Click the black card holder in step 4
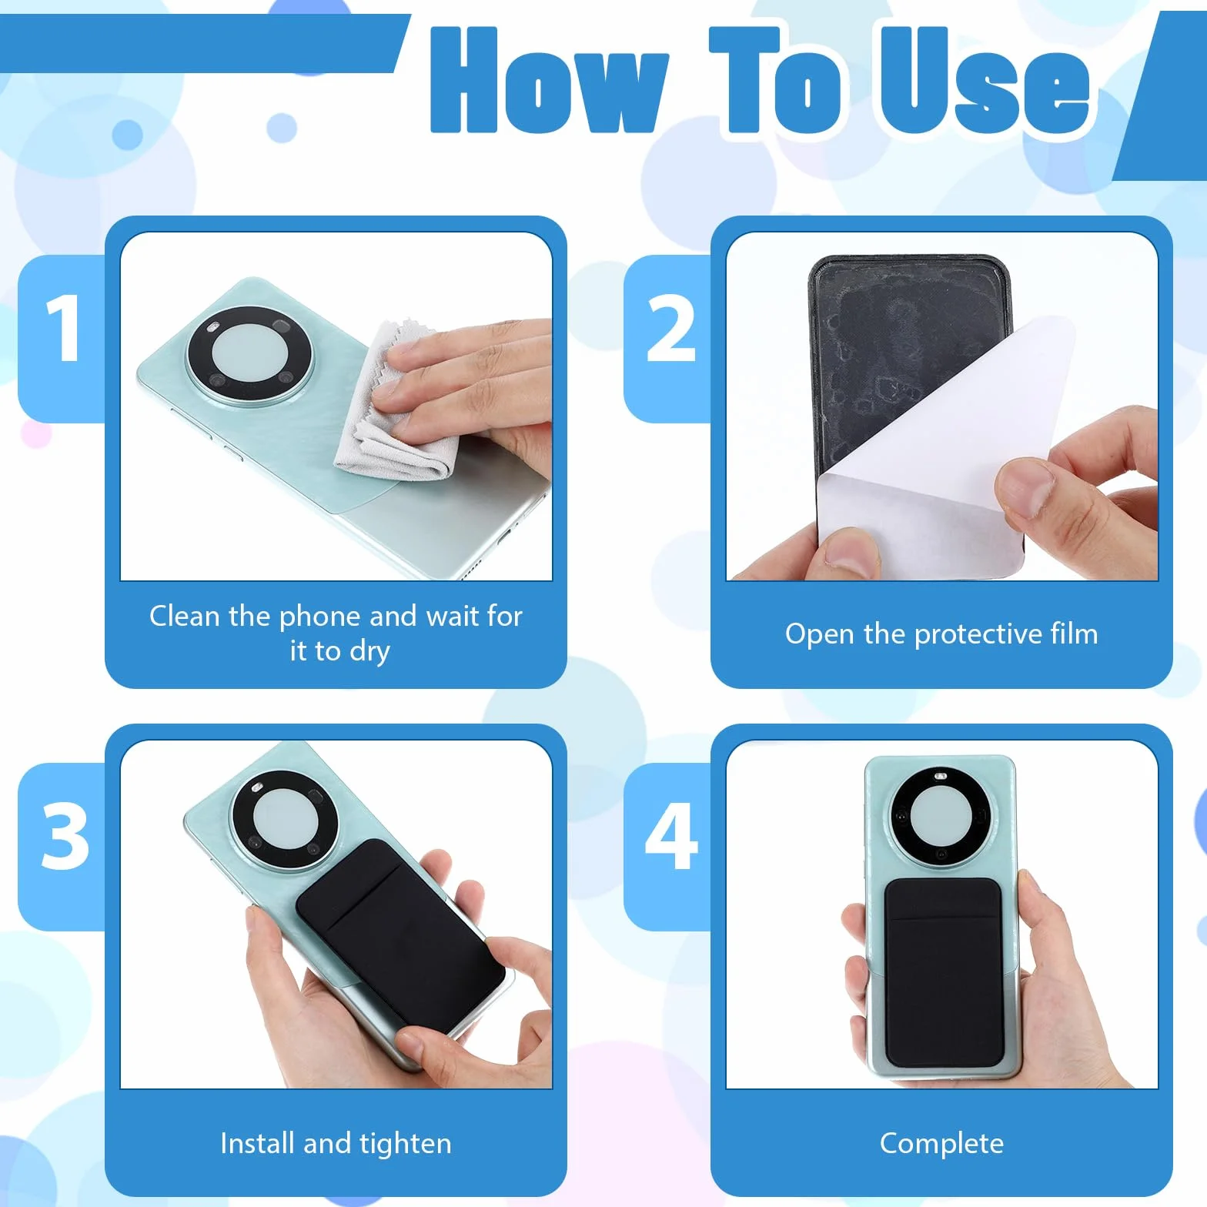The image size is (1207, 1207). coord(945,971)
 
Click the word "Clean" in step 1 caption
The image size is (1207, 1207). coord(185,616)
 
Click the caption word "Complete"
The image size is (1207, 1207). coord(941,1145)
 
